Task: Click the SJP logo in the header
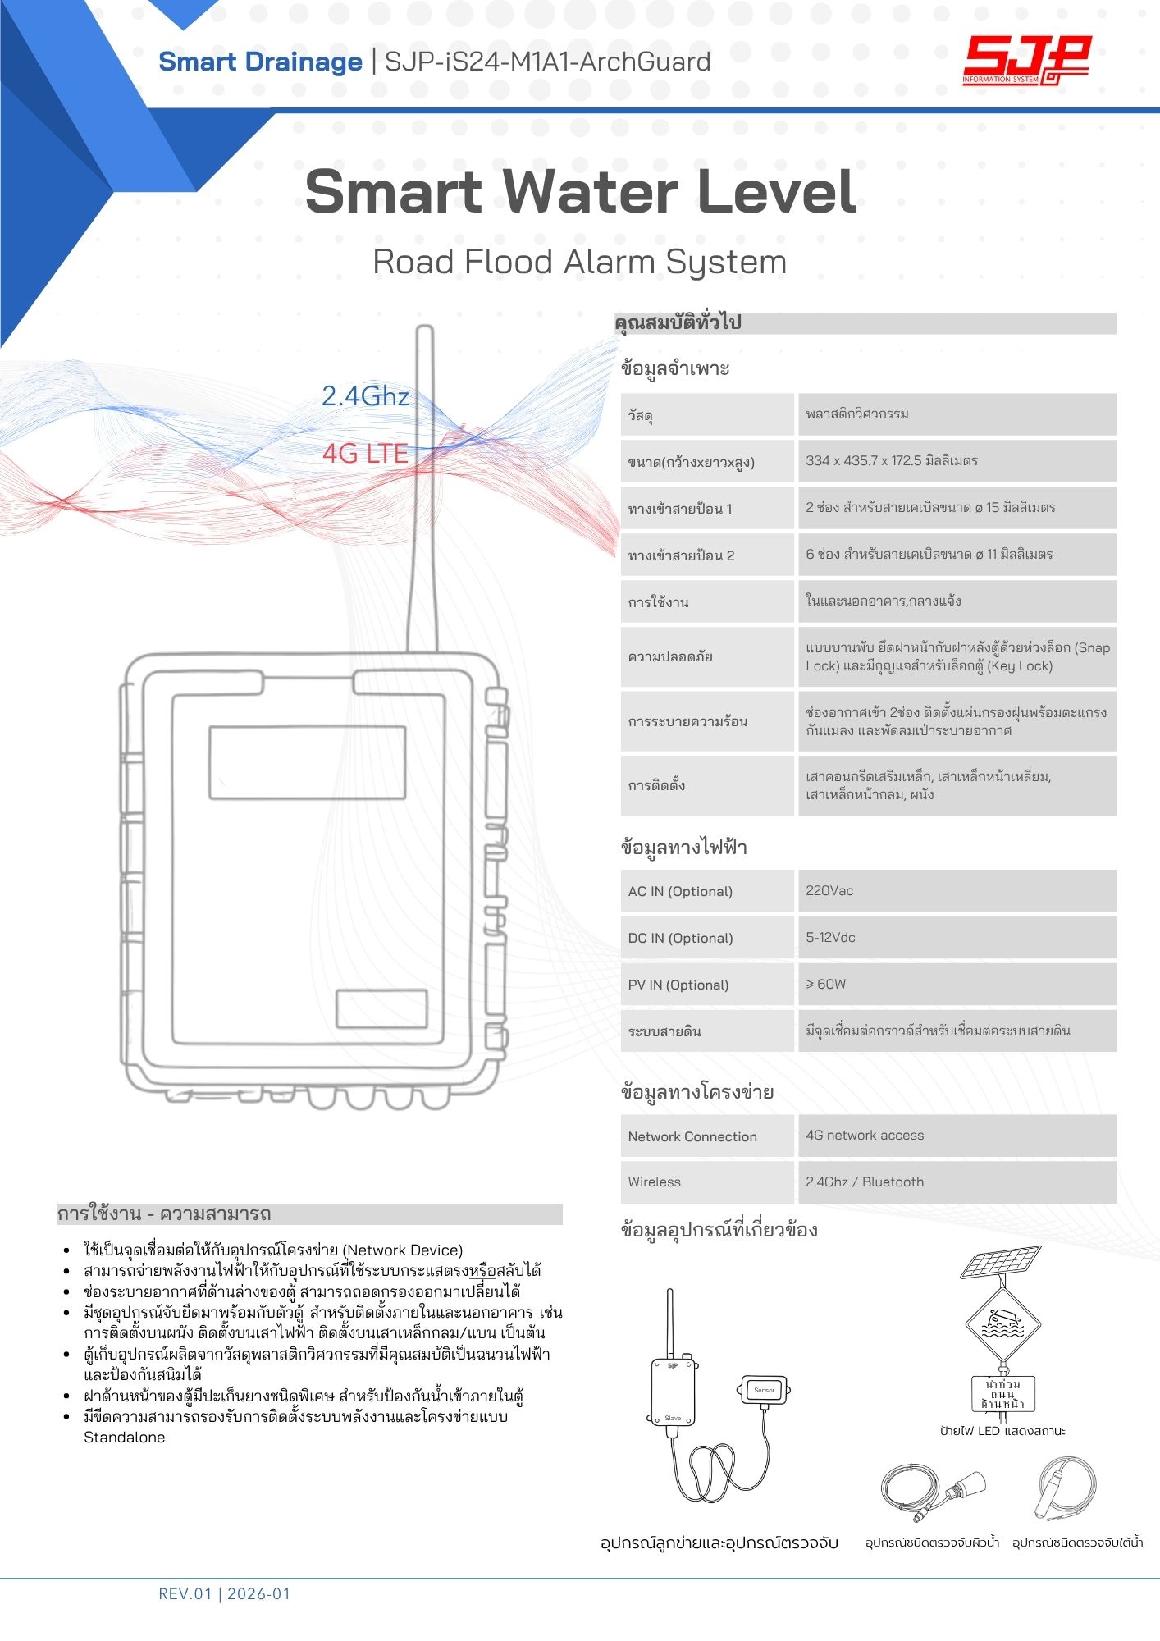pos(1026,61)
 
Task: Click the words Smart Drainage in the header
pos(260,62)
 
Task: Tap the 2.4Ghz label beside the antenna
pos(365,397)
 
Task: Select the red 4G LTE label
pos(365,454)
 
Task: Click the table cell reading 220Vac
pos(957,891)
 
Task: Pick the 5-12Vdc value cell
pos(957,938)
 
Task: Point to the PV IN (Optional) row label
pos(707,985)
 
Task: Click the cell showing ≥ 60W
pos(957,985)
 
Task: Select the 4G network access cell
pos(957,1136)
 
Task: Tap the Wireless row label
pos(707,1182)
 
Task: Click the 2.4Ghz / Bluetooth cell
pos(957,1182)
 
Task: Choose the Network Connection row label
pos(707,1136)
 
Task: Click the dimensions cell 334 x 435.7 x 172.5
pos(957,461)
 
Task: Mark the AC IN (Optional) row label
pos(707,892)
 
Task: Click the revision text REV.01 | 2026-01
pos(224,1594)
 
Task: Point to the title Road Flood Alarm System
pos(579,263)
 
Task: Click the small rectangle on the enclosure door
pos(381,1008)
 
